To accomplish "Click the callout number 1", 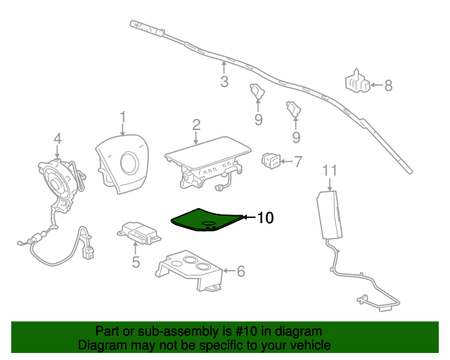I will (x=122, y=117).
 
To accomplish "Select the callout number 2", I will (x=196, y=124).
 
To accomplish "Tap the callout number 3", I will (x=224, y=82).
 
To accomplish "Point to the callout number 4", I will (x=58, y=138).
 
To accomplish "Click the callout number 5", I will (x=136, y=262).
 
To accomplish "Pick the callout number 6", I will (x=240, y=270).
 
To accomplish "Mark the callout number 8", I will (x=387, y=86).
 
